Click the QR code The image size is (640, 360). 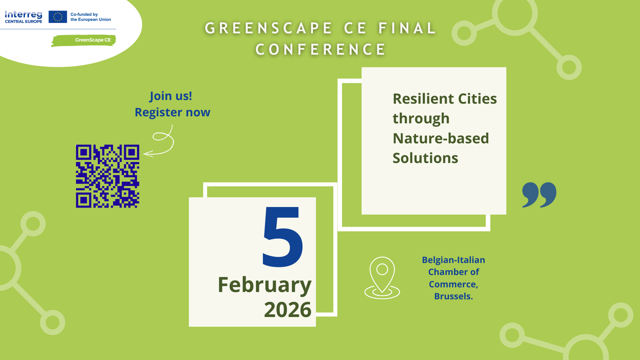coord(107,176)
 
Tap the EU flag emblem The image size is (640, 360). coord(58,17)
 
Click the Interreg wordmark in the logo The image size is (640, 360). coord(24,15)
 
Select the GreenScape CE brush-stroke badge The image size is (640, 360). coord(83,40)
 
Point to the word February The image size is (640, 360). coord(265,285)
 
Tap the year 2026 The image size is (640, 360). coord(288,310)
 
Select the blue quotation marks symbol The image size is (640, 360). coord(539,195)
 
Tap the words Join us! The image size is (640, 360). coord(171,96)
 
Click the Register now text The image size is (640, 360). coord(172,112)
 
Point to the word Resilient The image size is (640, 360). coord(423,99)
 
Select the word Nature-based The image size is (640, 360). coord(441,138)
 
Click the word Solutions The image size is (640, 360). coord(425,158)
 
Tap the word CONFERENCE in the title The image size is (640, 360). coord(321,50)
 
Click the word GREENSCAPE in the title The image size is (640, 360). coord(269,28)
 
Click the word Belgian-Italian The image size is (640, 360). coord(453,260)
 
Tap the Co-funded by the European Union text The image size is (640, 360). coord(91,17)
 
